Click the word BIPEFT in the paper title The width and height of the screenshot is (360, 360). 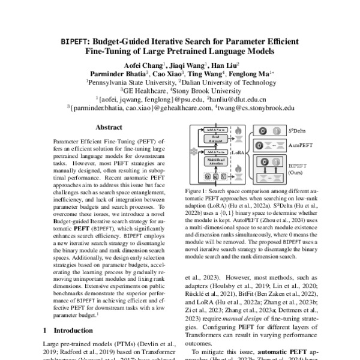tap(74, 42)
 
